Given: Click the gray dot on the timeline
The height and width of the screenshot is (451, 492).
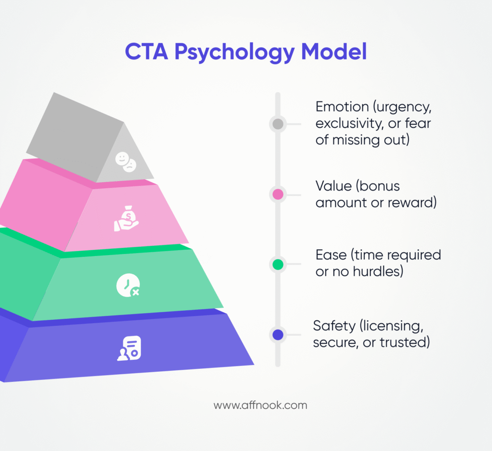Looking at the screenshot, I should pyautogui.click(x=278, y=124).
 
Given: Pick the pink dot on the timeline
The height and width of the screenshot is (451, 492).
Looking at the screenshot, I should pyautogui.click(x=278, y=195).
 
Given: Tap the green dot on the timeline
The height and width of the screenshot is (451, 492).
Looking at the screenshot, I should pyautogui.click(x=278, y=264).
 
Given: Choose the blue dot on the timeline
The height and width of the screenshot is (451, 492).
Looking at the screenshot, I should pyautogui.click(x=278, y=335).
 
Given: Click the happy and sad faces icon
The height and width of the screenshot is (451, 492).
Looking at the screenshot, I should pyautogui.click(x=125, y=162).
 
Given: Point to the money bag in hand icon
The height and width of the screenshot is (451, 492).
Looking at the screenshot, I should pyautogui.click(x=126, y=219).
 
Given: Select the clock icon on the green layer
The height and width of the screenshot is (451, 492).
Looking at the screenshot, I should pyautogui.click(x=128, y=285).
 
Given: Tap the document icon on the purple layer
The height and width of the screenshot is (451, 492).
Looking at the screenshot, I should pyautogui.click(x=129, y=349).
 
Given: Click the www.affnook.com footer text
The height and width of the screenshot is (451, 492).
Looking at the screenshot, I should pyautogui.click(x=260, y=405).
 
